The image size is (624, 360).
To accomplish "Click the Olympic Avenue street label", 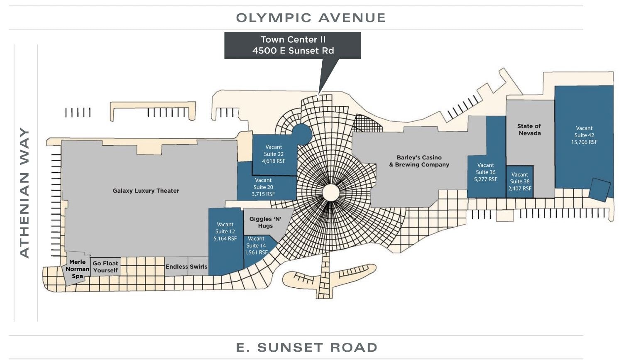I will [311, 18].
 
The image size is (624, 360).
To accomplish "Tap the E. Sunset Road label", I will [307, 347].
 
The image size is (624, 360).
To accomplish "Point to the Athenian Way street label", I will [25, 193].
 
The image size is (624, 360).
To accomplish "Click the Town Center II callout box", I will [293, 45].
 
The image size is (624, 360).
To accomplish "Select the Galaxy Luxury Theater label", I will [146, 191].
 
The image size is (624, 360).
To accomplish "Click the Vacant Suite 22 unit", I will [274, 154].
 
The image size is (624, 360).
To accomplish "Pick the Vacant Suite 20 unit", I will [263, 187].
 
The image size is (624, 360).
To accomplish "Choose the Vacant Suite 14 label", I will [256, 245].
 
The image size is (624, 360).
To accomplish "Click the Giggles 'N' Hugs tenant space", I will [265, 222].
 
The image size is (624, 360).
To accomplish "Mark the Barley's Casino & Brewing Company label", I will [419, 161].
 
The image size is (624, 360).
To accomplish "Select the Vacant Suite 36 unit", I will [486, 172].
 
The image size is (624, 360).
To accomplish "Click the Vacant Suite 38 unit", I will [520, 181].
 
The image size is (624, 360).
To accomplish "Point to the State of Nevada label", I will [529, 130].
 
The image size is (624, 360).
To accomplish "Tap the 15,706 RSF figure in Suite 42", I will [584, 142].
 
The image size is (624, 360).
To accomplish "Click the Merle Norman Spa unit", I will [77, 269].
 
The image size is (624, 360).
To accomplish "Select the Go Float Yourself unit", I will [105, 267].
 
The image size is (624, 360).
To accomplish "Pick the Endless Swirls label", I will [186, 267].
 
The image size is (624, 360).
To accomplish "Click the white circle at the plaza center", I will [331, 193].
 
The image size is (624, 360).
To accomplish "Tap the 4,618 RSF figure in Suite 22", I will [274, 161].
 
